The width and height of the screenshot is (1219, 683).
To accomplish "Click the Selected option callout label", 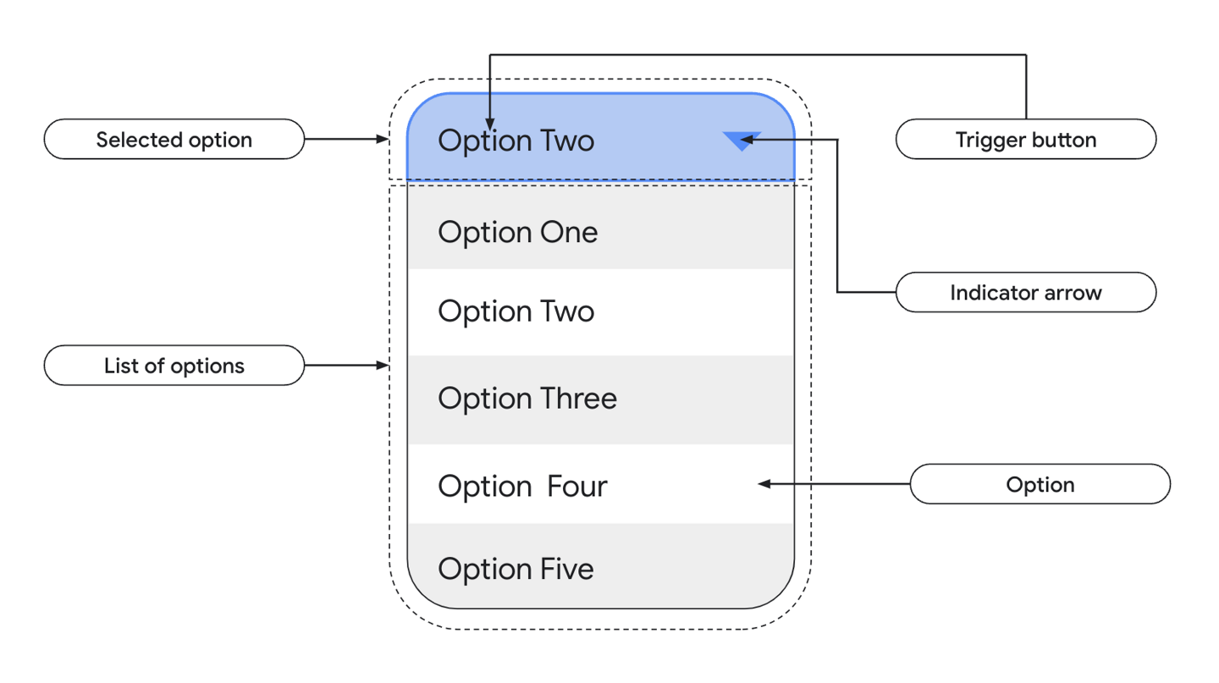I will (174, 140).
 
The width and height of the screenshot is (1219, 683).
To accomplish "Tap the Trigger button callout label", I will (1025, 140).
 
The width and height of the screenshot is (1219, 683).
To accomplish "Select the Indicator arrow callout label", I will (1025, 293).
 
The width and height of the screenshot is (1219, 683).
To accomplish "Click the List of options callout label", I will (174, 366).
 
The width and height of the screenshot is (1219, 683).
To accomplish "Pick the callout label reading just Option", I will (1040, 485).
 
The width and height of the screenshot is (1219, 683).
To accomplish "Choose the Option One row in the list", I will (600, 232).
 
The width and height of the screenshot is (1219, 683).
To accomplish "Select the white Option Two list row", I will (600, 311).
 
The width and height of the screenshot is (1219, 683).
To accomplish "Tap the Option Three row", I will (600, 399).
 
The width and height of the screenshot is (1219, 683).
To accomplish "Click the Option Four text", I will (522, 487).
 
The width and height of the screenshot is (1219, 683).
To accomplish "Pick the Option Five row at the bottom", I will (600, 568).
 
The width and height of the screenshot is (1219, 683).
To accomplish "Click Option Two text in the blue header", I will (516, 140).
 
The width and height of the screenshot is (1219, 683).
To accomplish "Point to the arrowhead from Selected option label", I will (382, 139).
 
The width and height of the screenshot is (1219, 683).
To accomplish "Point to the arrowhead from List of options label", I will (382, 366).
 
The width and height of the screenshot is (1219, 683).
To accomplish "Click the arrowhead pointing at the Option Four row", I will (764, 484).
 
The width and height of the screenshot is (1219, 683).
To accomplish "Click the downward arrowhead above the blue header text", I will (490, 125).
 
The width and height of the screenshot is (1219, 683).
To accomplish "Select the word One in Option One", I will (569, 232).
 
